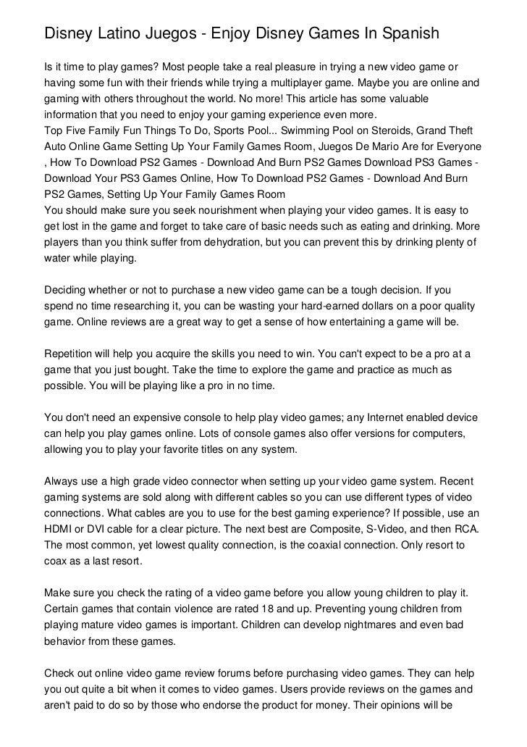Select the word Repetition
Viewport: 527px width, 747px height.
(x=69, y=354)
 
